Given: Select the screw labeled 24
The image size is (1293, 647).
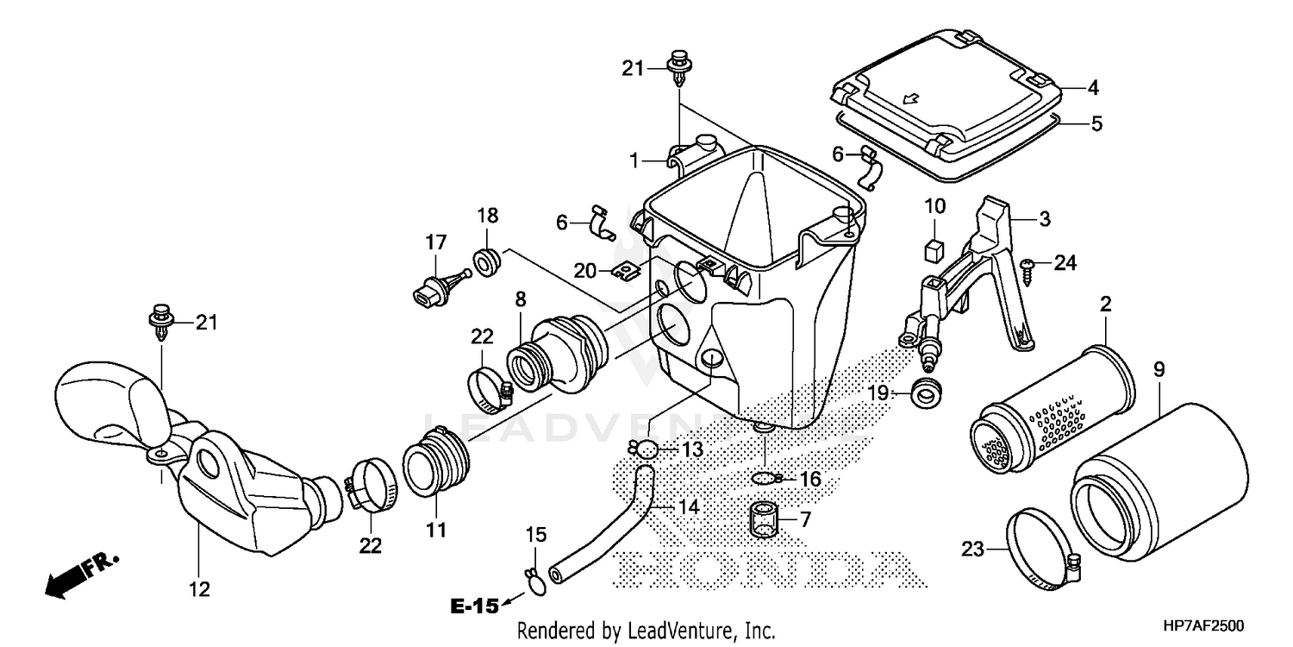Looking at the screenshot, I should tap(1028, 267).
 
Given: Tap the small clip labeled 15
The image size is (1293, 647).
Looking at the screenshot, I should tap(536, 584).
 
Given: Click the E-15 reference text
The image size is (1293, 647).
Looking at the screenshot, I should tap(474, 606).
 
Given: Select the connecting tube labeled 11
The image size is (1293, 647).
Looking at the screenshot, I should tap(437, 466).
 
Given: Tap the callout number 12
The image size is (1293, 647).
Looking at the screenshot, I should tap(199, 589).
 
